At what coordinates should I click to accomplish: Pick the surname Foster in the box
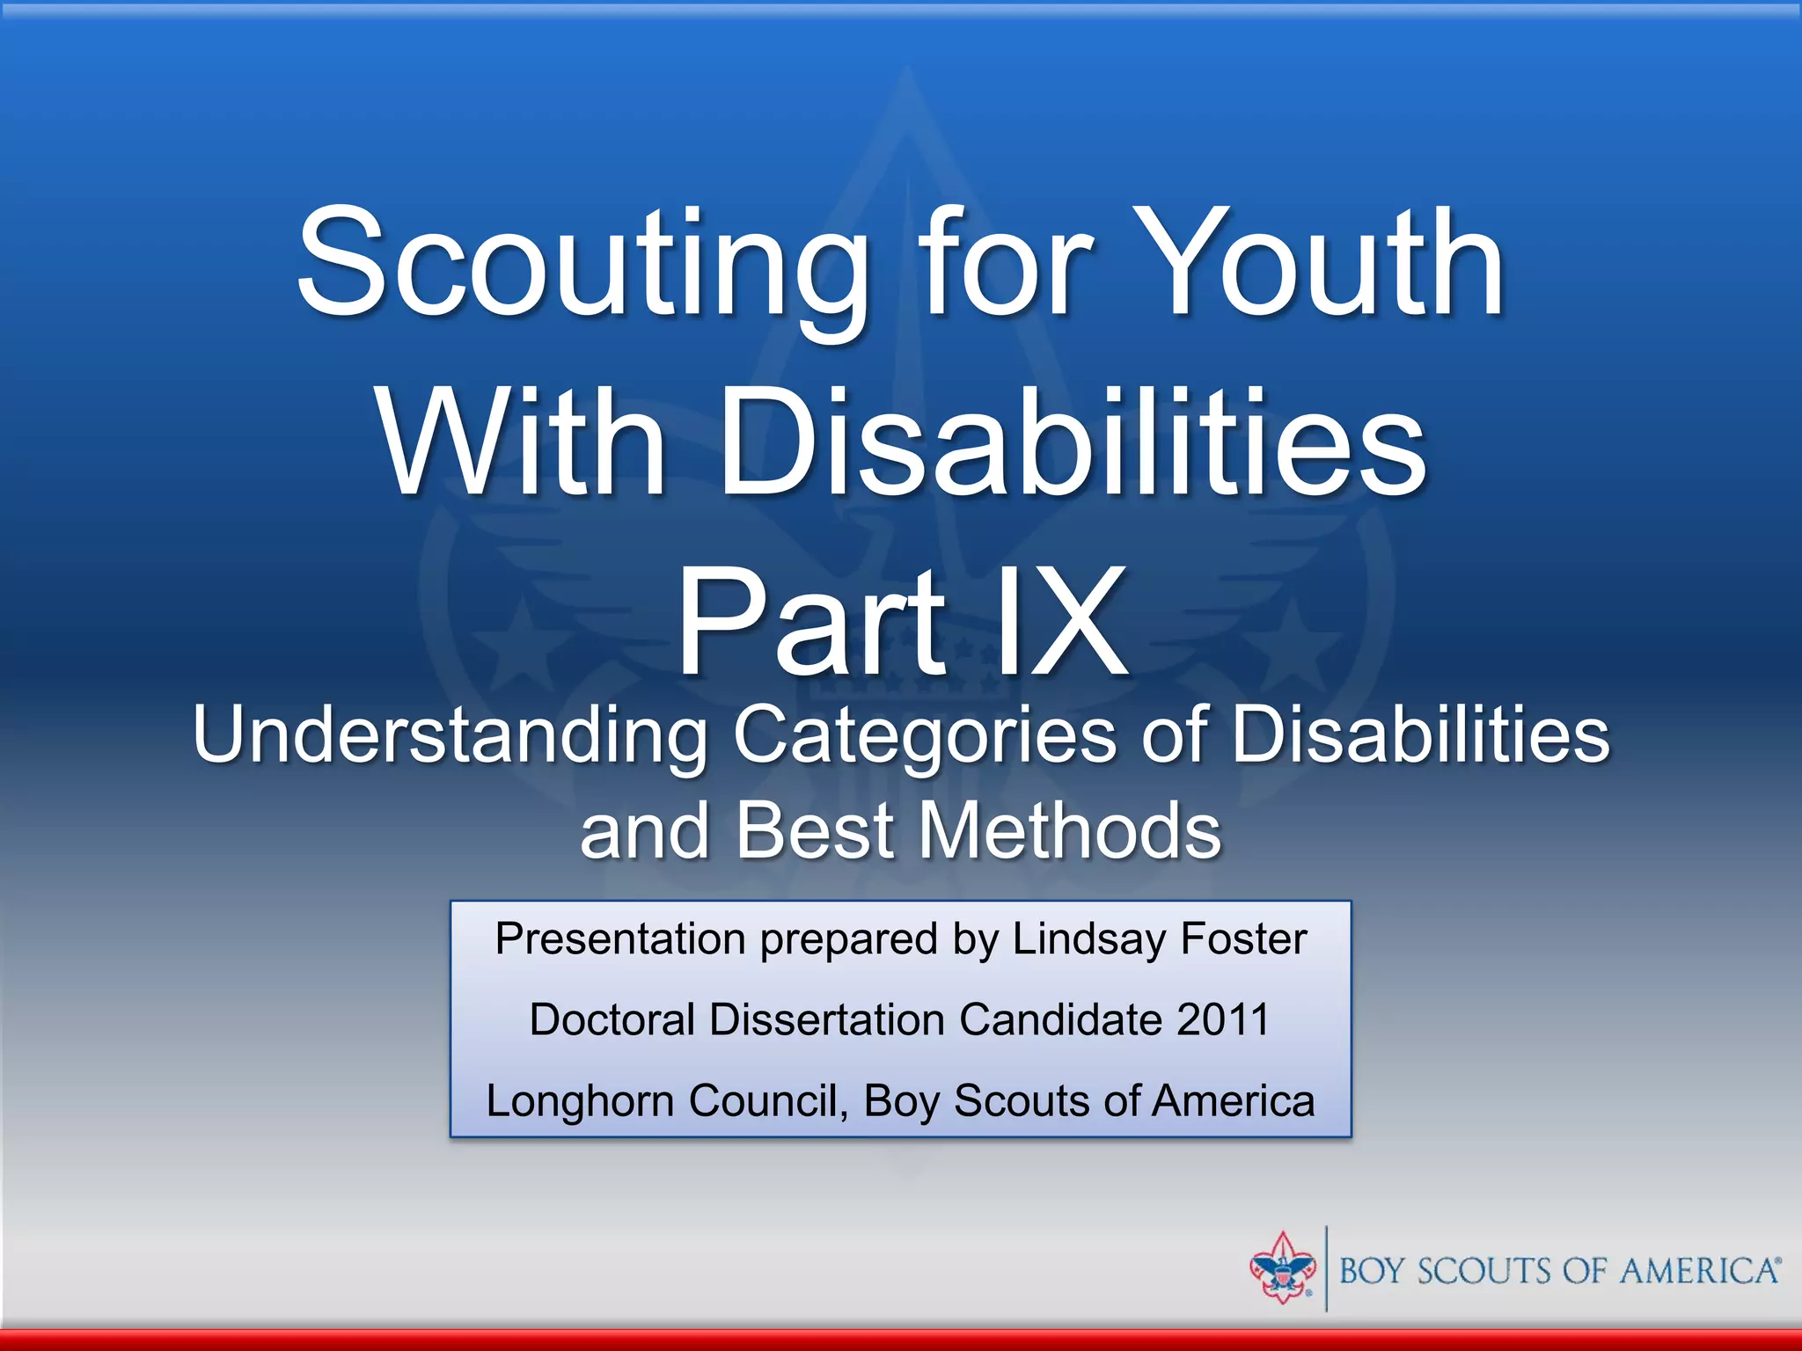click(1243, 938)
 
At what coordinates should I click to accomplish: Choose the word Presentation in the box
click(620, 938)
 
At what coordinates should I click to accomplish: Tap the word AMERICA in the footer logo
click(1699, 1271)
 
